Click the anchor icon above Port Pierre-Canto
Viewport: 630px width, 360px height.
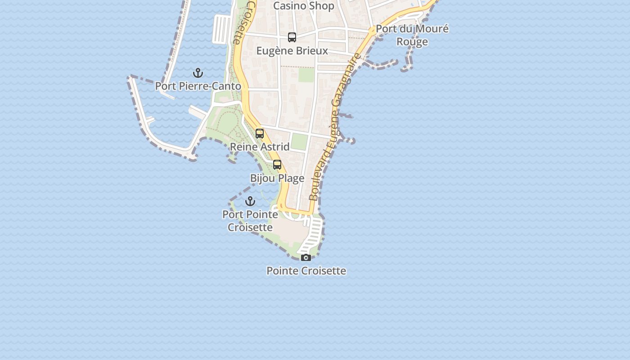198,72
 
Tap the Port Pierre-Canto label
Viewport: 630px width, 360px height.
198,86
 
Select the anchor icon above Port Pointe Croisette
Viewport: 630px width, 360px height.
250,201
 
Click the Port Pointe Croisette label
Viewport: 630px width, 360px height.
250,220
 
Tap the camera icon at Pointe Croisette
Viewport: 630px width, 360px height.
306,257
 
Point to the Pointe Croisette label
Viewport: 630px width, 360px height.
306,271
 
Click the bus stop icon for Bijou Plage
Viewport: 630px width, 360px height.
277,165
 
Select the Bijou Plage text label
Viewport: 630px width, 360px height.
277,178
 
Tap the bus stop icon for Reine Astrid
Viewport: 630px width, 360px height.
260,134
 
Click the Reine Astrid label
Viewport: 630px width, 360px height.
260,147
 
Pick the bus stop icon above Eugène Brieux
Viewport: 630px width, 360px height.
292,37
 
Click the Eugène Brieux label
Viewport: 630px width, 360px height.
292,51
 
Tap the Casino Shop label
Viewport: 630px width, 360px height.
304,6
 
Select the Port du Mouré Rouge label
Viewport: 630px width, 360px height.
412,35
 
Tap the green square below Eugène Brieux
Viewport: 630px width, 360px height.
306,75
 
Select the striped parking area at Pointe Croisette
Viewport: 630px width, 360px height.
313,234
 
